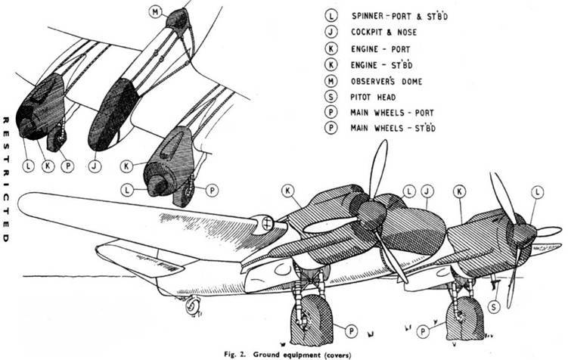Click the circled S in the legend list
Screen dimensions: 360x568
[x=331, y=95]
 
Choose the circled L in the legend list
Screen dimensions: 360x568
[x=331, y=15]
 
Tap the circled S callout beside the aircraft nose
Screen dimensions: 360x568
[x=493, y=306]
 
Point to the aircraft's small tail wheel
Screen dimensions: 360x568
[x=191, y=306]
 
